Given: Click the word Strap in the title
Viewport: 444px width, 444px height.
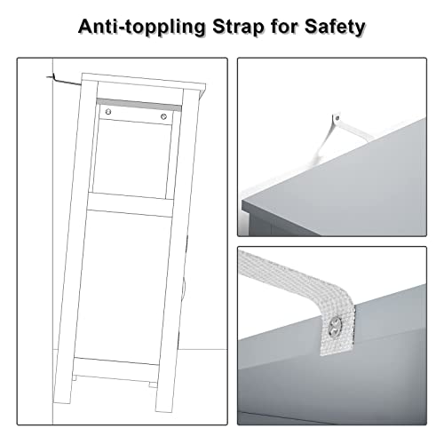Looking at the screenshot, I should click(x=234, y=27).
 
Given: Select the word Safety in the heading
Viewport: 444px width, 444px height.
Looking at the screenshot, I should click(x=331, y=27).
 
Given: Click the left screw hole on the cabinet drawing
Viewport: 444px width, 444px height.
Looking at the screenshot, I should click(x=108, y=113).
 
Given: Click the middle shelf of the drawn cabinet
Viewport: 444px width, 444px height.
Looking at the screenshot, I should click(x=133, y=203).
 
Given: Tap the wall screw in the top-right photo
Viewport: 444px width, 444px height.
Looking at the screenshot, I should click(x=336, y=115).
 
